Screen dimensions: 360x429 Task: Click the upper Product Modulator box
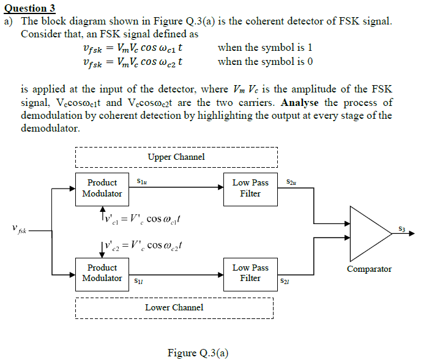[102, 188]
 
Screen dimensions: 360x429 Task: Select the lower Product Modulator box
[102, 273]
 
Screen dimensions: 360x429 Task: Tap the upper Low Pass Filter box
[250, 188]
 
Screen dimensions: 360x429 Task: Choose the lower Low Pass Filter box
[250, 273]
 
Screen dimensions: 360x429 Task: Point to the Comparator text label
[369, 269]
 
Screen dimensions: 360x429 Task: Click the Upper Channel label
[176, 157]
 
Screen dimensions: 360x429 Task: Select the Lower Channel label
[174, 307]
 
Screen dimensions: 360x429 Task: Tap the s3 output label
[401, 228]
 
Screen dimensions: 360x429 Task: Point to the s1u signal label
[140, 181]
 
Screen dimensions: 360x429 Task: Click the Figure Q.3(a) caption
[198, 353]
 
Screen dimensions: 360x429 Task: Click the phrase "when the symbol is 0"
[265, 61]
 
